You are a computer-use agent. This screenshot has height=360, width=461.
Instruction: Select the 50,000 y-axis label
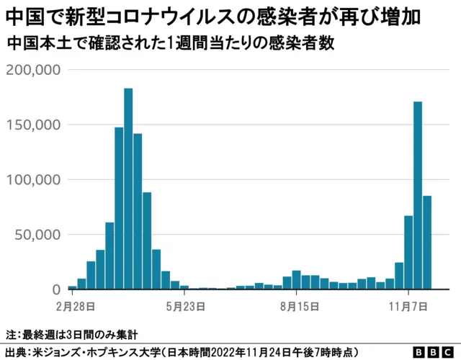tap(37, 235)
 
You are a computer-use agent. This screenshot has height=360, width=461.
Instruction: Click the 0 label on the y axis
tap(55, 289)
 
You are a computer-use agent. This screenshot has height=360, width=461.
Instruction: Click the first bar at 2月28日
tap(73, 287)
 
